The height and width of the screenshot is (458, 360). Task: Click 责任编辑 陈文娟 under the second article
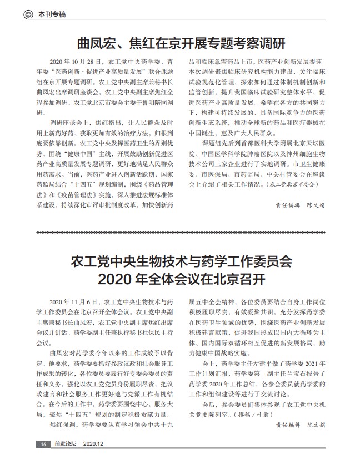[x=301, y=425]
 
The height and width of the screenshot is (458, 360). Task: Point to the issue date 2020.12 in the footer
[x=93, y=444]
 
